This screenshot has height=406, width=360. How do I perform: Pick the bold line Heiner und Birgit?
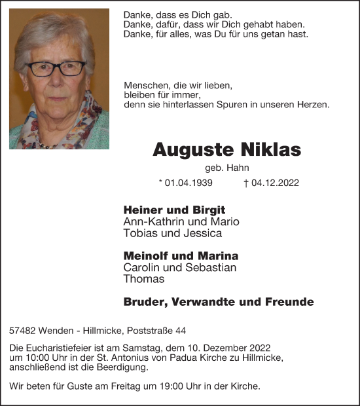[174, 210]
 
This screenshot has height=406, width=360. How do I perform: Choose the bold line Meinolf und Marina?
[181, 256]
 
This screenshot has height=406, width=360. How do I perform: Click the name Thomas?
[144, 279]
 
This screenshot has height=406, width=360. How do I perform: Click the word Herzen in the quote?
[314, 105]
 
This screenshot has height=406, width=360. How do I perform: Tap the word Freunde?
[290, 302]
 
